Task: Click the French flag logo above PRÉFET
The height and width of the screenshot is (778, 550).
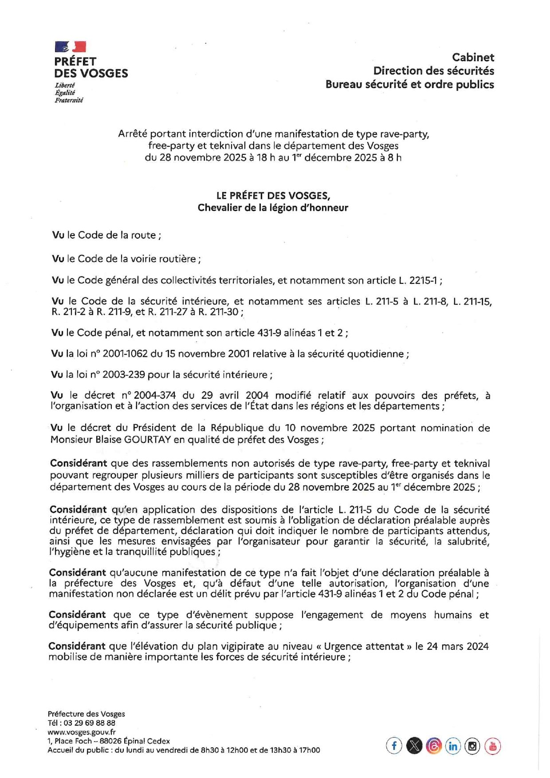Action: click(70, 47)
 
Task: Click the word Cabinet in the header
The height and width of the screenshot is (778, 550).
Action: click(473, 57)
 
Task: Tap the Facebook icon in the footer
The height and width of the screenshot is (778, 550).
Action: click(394, 746)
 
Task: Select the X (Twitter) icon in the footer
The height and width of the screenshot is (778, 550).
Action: click(414, 746)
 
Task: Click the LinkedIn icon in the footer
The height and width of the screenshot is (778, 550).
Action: click(453, 746)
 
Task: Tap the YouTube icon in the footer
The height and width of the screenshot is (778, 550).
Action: click(492, 746)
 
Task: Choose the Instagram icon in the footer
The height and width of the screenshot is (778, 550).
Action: click(472, 746)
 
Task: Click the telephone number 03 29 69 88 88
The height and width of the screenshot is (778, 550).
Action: click(90, 723)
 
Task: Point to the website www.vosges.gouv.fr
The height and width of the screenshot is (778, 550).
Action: click(82, 732)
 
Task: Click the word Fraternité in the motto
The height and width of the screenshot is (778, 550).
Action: click(69, 100)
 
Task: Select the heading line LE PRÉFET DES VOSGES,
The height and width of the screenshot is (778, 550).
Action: click(273, 196)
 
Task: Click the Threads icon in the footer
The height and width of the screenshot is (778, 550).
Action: click(433, 746)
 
